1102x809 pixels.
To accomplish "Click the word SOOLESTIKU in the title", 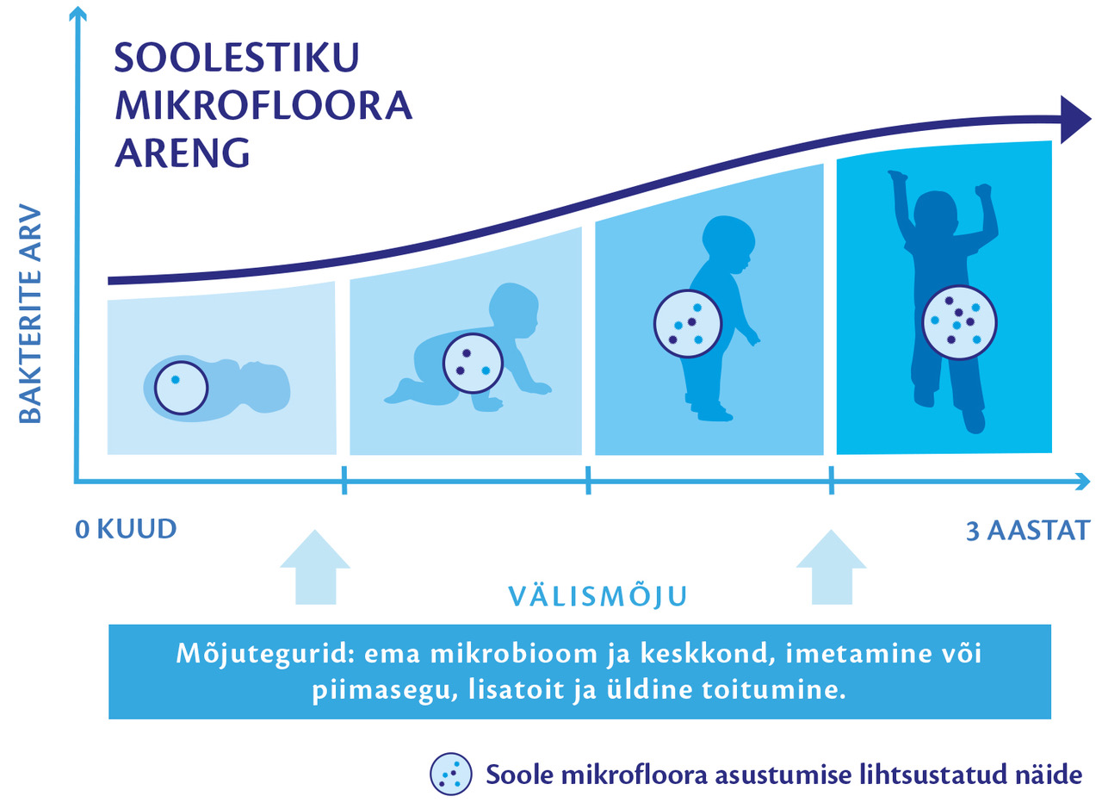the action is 237,58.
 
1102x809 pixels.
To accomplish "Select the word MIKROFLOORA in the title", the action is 263,105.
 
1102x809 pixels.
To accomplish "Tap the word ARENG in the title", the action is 183,153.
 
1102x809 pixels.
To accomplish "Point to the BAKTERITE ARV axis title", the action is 30,314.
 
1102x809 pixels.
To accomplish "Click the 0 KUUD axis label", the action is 126,529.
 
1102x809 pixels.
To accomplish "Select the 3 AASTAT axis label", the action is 1028,531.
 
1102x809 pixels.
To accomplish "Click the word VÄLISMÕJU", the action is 597,595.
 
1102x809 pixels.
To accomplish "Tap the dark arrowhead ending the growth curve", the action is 1075,120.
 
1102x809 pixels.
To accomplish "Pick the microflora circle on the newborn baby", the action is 182,388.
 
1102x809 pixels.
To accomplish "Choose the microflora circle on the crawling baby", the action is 473,364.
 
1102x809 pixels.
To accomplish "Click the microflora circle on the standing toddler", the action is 688,324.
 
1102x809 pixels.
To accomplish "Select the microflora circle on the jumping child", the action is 959,322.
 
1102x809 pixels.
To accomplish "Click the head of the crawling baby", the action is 514,310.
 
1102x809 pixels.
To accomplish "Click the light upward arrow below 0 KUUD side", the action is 315,568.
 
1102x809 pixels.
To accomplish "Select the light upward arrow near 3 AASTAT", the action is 832,568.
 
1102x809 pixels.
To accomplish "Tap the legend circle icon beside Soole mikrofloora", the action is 451,775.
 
